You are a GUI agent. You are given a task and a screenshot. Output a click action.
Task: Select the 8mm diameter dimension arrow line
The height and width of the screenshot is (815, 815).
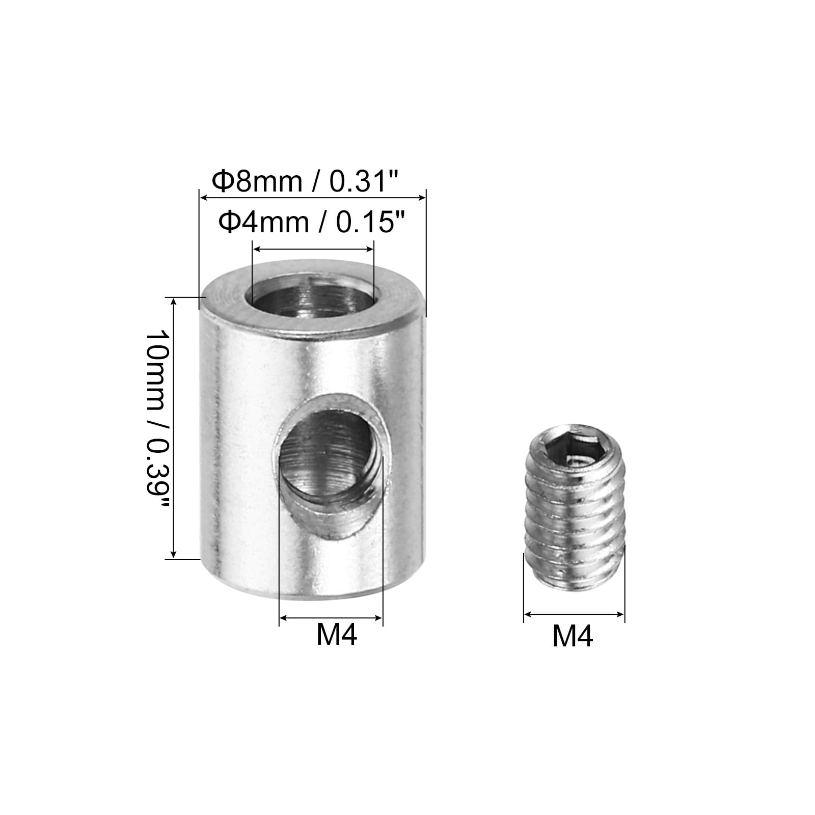pos(312,197)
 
